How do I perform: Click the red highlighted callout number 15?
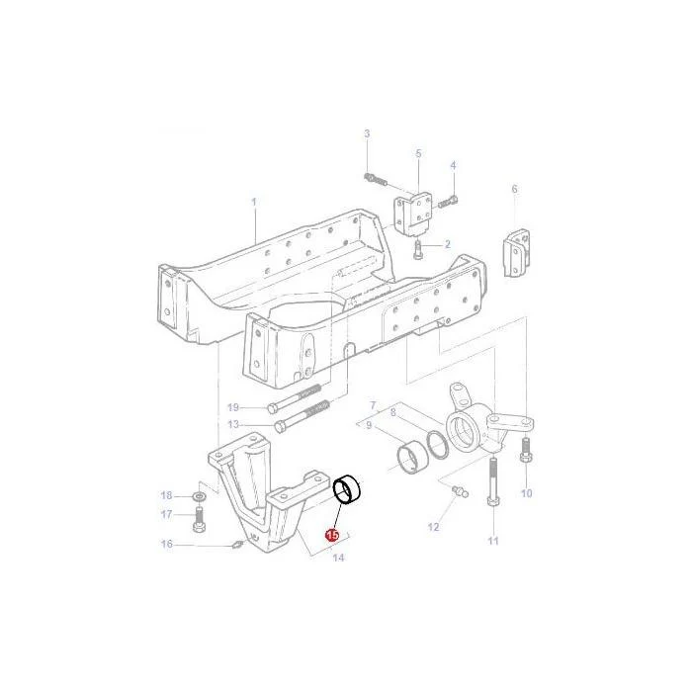pyautogui.click(x=332, y=535)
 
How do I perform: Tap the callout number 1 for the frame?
pyautogui.click(x=254, y=202)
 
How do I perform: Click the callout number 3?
pyautogui.click(x=367, y=133)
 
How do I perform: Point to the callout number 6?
pyautogui.click(x=515, y=189)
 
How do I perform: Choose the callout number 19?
pyautogui.click(x=233, y=407)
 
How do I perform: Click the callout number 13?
pyautogui.click(x=233, y=424)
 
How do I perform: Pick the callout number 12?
pyautogui.click(x=433, y=527)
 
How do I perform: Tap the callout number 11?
pyautogui.click(x=493, y=541)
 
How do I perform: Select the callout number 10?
pyautogui.click(x=527, y=493)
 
